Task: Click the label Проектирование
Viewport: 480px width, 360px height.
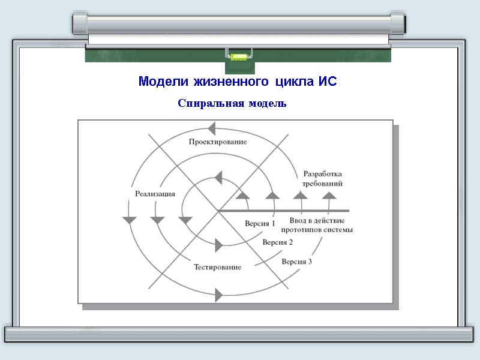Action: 217,142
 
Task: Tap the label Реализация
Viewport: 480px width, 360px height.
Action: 155,193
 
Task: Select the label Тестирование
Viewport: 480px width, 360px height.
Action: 217,267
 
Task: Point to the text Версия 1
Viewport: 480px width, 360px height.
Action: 260,224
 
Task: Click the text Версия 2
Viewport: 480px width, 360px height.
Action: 277,242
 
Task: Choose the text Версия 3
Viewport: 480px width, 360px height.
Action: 296,262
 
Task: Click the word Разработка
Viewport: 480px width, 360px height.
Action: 323,174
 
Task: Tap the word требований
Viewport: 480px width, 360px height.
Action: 323,184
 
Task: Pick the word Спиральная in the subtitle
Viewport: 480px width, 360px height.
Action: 208,103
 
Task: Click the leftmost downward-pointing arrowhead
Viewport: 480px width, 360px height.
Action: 129,220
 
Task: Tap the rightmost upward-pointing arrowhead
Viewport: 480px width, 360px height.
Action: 329,194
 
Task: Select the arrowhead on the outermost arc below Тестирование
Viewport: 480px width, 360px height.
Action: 218,295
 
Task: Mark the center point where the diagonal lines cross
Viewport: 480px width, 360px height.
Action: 217,211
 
